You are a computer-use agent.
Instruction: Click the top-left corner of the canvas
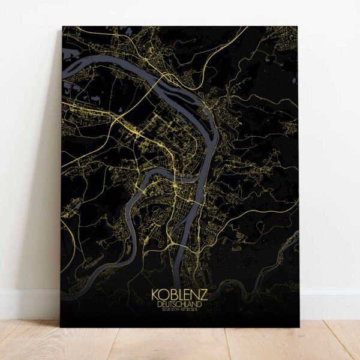point(63,26)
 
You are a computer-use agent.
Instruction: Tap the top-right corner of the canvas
point(298,27)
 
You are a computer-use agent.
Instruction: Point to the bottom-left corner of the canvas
point(61,326)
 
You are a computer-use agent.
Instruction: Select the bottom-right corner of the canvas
point(299,327)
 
